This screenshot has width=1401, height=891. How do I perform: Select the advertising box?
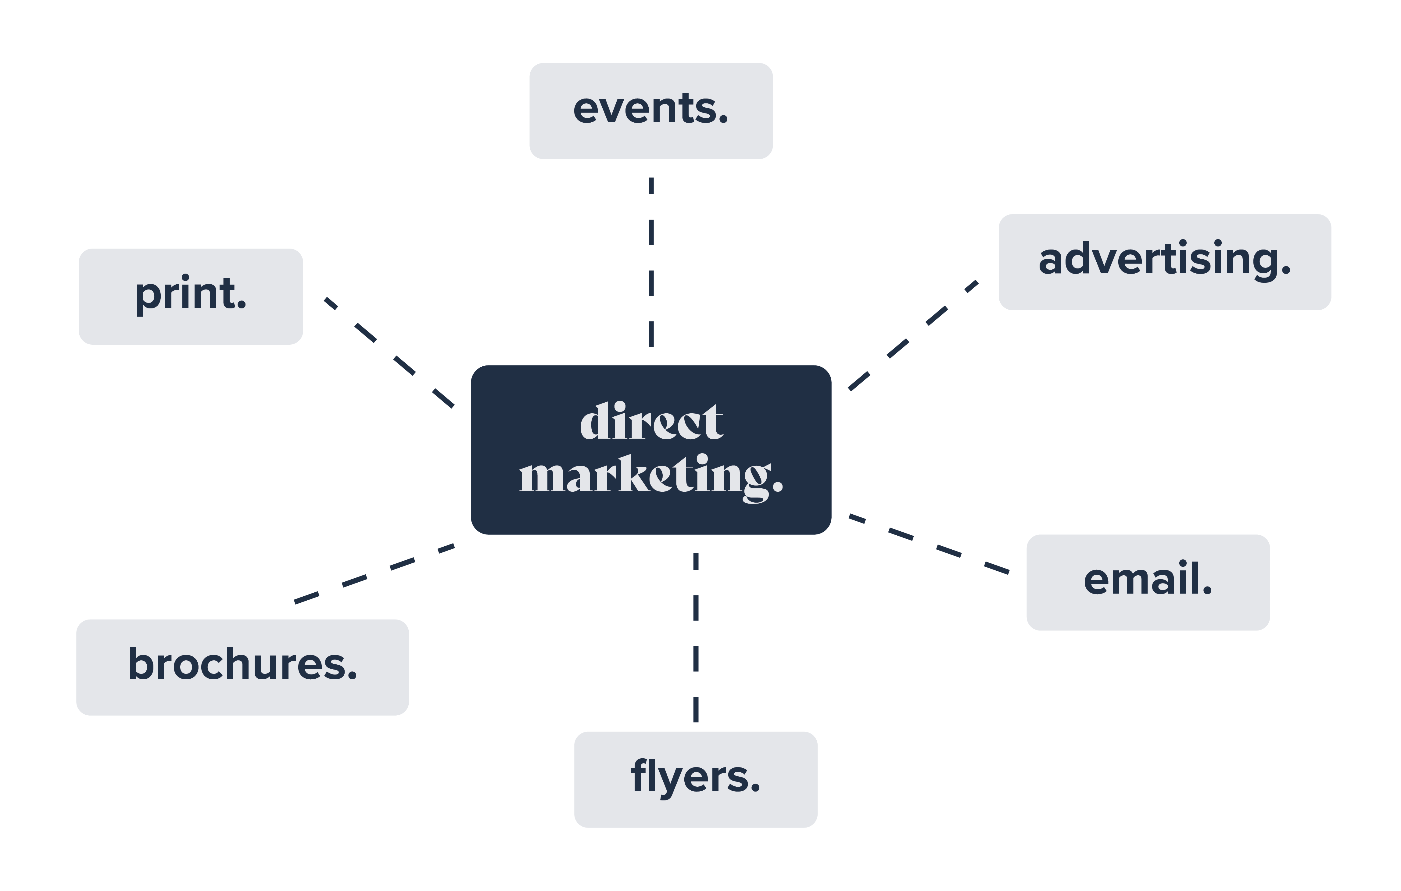pos(1164,262)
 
